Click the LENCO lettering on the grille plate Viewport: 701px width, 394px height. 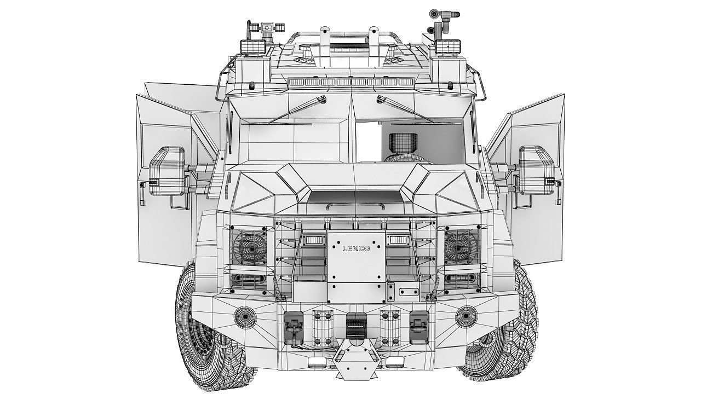356,248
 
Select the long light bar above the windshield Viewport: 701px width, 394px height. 350,82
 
